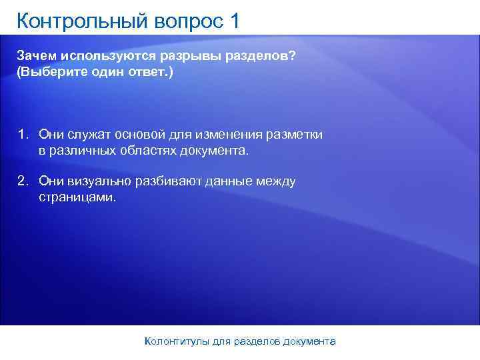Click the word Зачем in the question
[x=35, y=56]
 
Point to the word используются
[x=101, y=56]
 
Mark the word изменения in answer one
[x=225, y=135]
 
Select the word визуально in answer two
[x=98, y=181]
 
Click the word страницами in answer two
[x=76, y=197]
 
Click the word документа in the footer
[x=309, y=341]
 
